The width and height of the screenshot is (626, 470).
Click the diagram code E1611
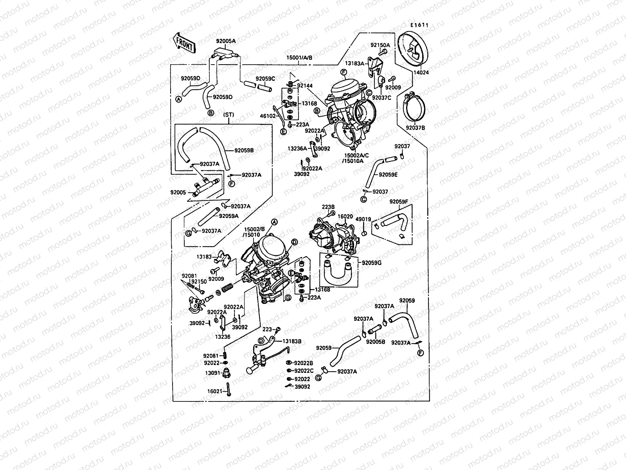point(419,25)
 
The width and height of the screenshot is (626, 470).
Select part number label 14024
point(421,72)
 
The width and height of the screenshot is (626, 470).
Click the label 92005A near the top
point(226,41)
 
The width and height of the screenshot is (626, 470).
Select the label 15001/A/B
point(300,58)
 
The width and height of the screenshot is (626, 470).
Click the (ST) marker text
point(228,115)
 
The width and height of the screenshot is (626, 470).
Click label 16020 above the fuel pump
point(345,216)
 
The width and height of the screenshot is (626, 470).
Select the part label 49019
point(363,220)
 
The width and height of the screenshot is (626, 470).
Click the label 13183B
point(292,342)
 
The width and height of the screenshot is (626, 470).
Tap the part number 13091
point(212,373)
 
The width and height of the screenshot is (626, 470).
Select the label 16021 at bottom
point(214,391)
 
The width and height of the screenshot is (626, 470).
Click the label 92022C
point(304,371)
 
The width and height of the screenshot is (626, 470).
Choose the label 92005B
point(376,342)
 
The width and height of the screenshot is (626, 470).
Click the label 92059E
point(388,175)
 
